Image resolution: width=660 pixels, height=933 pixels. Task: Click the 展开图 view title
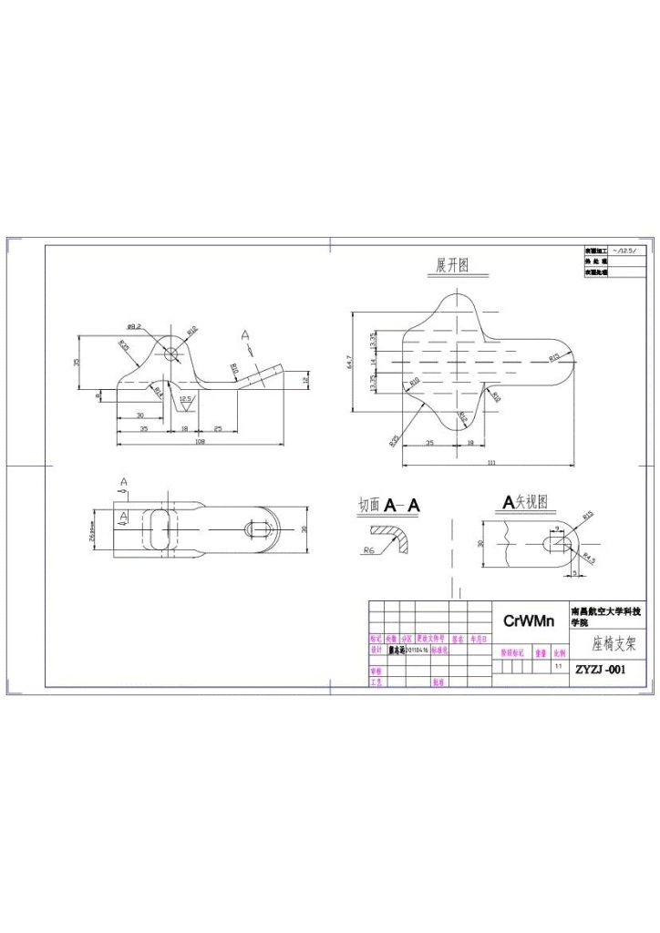pyautogui.click(x=452, y=266)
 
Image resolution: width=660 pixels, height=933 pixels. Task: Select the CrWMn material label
pyautogui.click(x=529, y=621)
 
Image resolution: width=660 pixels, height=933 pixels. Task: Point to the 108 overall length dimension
pyautogui.click(x=199, y=442)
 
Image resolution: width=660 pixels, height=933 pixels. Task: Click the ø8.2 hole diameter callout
pyautogui.click(x=132, y=326)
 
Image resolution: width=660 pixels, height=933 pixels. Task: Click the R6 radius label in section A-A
pyautogui.click(x=369, y=550)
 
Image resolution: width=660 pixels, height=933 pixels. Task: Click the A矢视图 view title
pyautogui.click(x=527, y=501)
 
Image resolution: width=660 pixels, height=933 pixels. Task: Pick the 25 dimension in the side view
pyautogui.click(x=218, y=427)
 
